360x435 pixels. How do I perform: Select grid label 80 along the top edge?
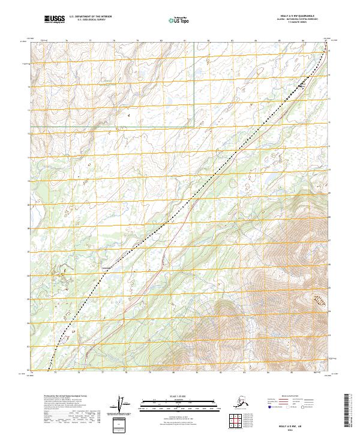click(161, 40)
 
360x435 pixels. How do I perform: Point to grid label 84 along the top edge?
click(256, 40)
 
